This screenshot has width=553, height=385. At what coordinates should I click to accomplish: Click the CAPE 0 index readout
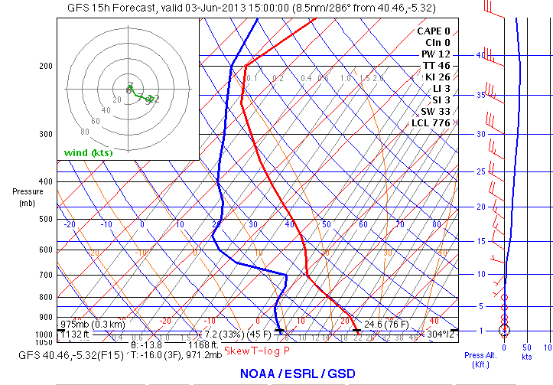click(x=434, y=31)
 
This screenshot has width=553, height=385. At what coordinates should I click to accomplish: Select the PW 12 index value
click(x=436, y=54)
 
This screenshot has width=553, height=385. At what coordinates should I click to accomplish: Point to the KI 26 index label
click(x=437, y=77)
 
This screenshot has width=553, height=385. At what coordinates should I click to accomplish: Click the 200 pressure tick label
click(x=45, y=67)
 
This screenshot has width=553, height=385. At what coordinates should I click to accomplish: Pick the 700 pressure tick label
click(x=45, y=275)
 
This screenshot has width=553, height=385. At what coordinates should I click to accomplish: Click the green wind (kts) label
click(x=88, y=153)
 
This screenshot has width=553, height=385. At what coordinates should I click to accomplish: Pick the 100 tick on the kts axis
click(x=546, y=348)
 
